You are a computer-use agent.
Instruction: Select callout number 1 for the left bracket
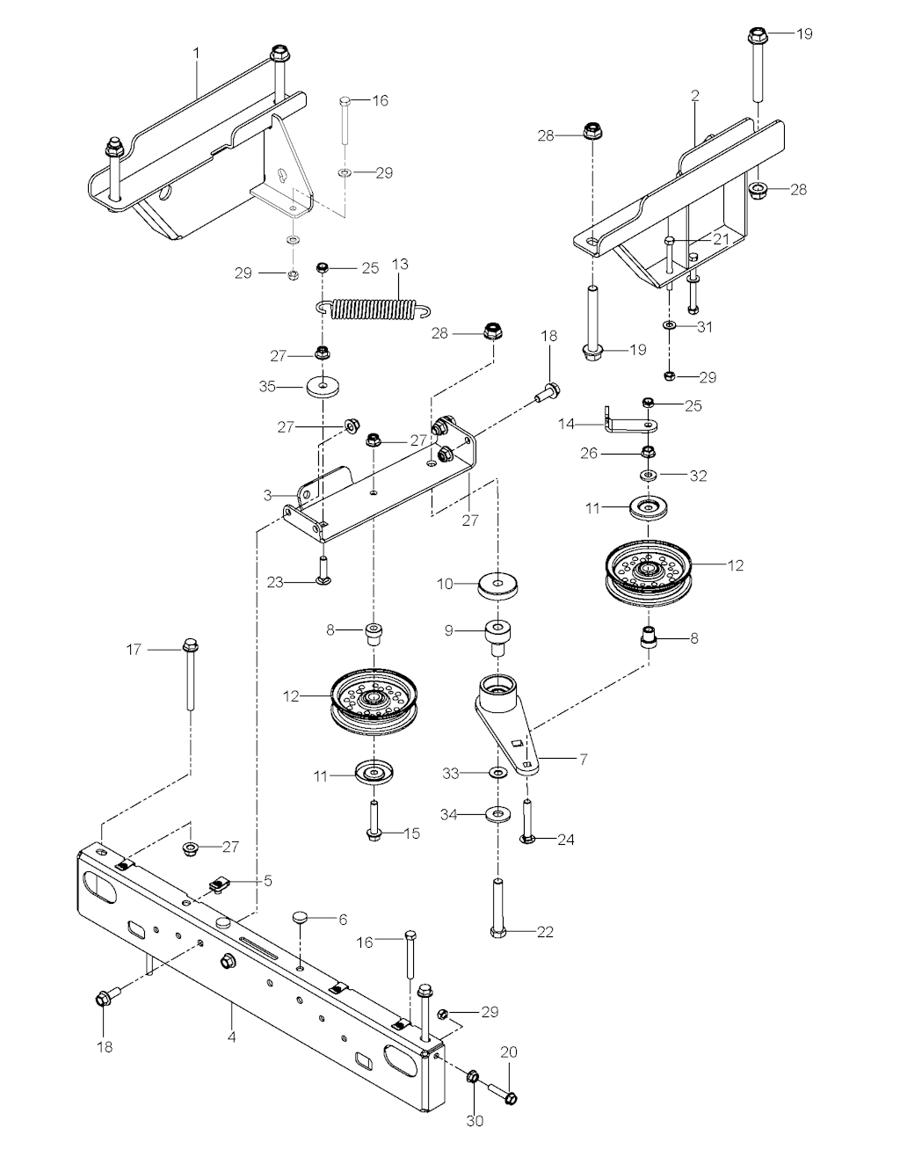197,54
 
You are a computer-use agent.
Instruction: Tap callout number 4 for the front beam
231,1036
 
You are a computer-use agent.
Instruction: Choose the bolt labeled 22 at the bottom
497,906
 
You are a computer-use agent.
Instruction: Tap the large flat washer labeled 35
325,386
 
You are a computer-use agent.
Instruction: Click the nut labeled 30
473,1075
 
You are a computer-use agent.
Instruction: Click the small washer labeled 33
497,773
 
